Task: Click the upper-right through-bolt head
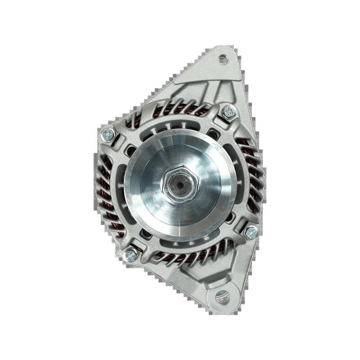point(228,110)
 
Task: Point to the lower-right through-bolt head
point(251,230)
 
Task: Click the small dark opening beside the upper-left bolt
point(131,148)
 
